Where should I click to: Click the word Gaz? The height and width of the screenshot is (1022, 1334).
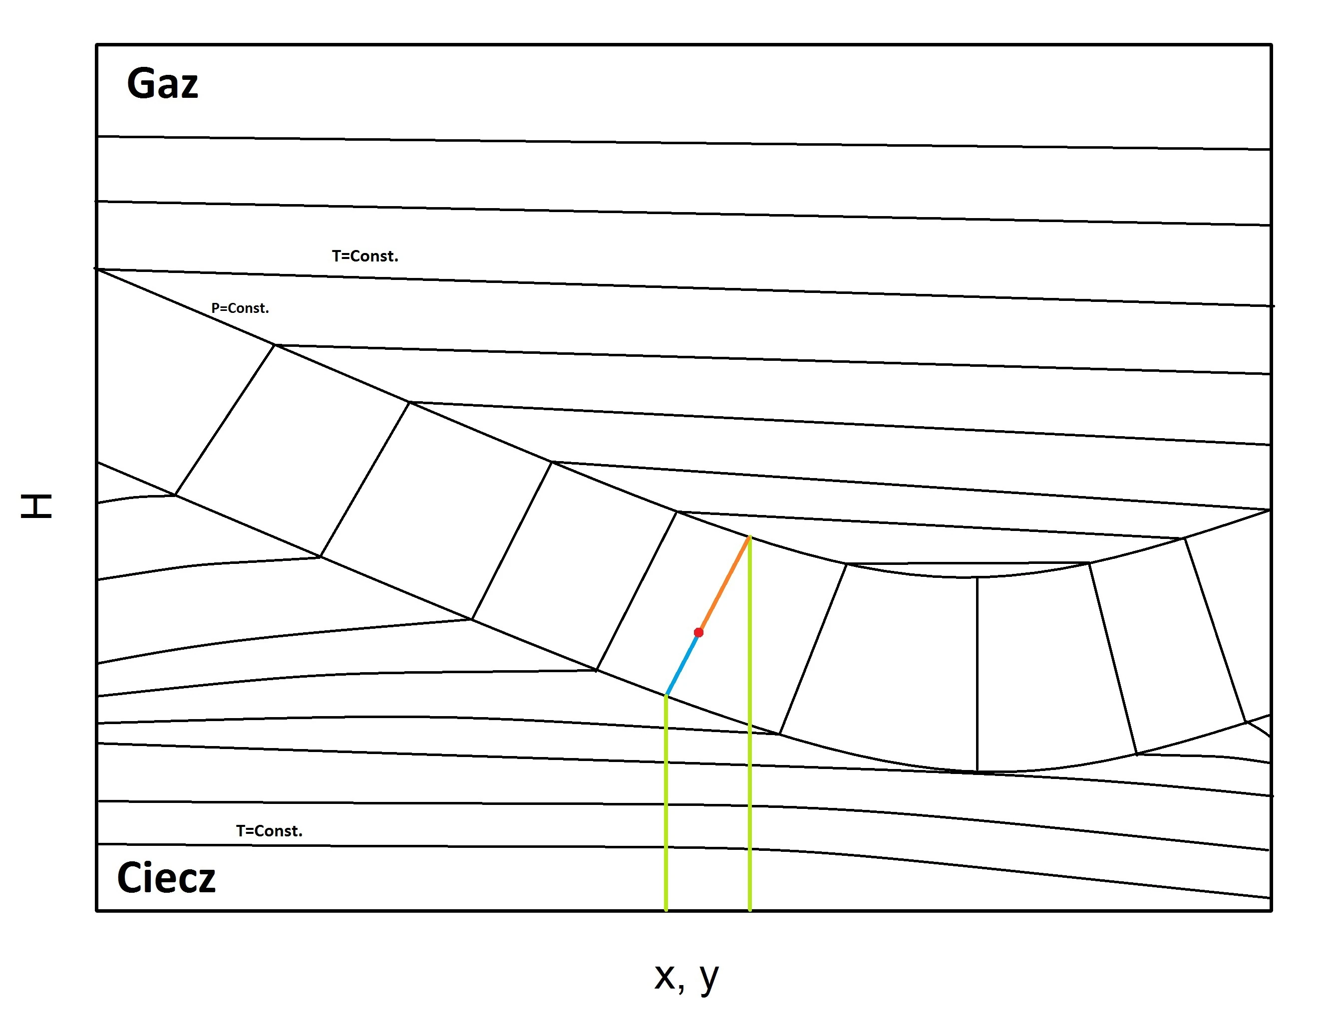(x=162, y=83)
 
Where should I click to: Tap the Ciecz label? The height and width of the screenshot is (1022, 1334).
(x=166, y=878)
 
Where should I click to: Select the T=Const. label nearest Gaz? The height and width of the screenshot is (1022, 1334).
(x=365, y=256)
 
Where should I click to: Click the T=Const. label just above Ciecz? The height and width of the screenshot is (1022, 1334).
(x=269, y=831)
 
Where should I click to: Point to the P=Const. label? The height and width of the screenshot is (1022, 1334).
(x=240, y=308)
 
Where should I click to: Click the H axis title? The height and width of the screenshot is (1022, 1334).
(x=36, y=506)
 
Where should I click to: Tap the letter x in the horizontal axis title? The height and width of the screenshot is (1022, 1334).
(x=665, y=977)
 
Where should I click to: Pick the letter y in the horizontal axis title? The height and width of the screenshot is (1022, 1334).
(x=709, y=980)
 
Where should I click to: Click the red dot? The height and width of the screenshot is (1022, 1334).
(x=698, y=633)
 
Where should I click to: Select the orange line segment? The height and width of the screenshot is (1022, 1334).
(x=724, y=585)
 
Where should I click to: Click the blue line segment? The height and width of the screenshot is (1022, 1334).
(x=682, y=664)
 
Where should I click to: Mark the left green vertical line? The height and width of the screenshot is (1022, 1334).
(x=667, y=803)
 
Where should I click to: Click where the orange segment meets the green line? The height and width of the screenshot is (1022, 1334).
(x=750, y=536)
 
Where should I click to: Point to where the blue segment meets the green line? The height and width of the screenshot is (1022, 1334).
(x=667, y=695)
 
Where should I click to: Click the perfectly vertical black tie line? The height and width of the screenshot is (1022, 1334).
(x=978, y=674)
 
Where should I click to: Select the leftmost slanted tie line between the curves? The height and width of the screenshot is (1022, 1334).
(x=225, y=420)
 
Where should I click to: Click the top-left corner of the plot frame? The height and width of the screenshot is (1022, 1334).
(x=97, y=44)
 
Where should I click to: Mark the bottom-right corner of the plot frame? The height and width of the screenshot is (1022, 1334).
(x=1271, y=911)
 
